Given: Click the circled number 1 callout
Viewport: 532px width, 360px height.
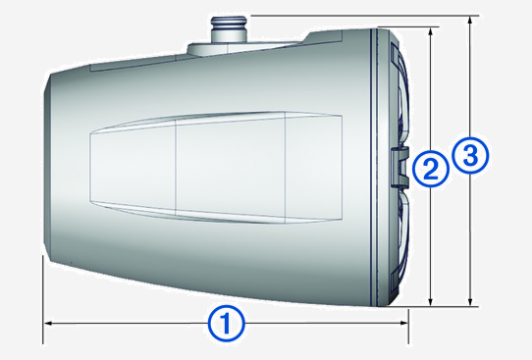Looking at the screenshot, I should tap(227, 321).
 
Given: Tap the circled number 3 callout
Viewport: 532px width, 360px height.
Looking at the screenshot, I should tap(470, 154).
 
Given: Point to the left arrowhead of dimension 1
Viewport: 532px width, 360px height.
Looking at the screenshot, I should tap(46, 321).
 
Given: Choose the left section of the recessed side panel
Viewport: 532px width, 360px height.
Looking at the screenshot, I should tap(132, 166).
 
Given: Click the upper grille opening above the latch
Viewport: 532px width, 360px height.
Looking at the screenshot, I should tap(398, 98).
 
